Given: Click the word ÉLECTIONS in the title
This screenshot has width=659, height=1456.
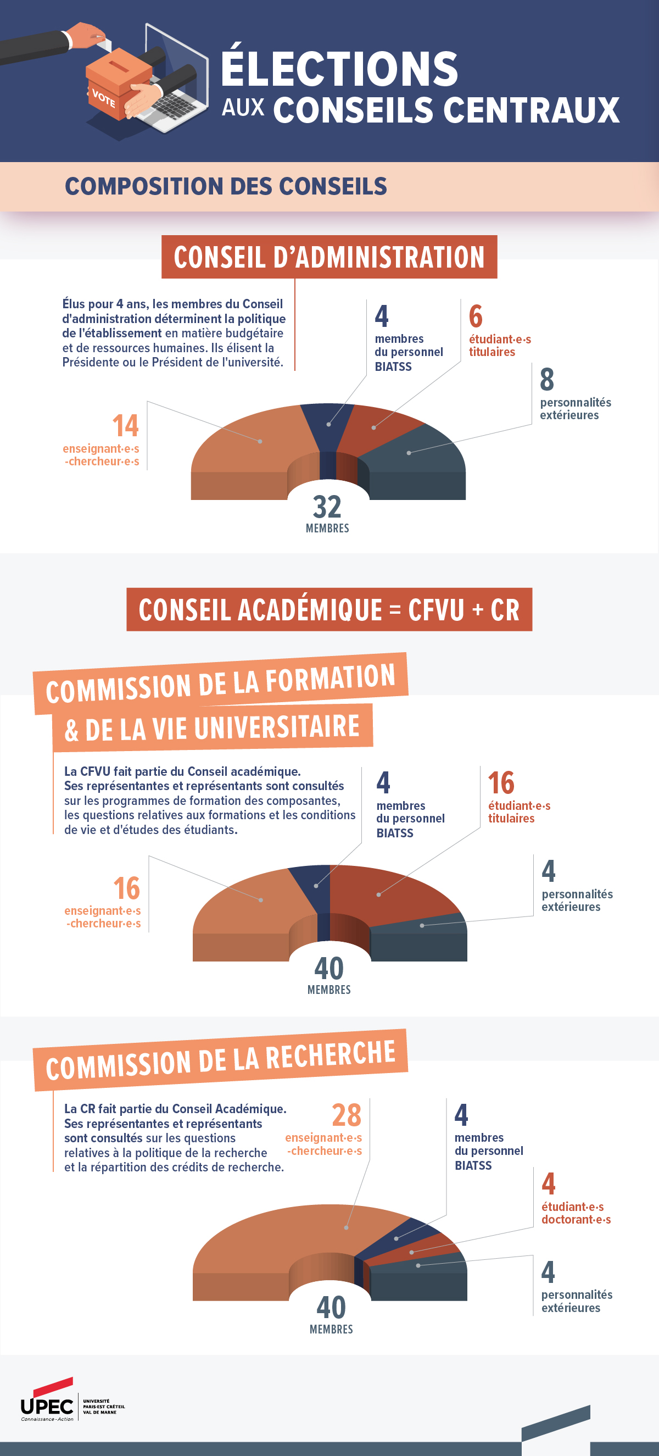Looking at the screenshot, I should click(339, 69).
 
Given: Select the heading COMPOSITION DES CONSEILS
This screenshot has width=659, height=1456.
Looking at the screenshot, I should click(226, 186).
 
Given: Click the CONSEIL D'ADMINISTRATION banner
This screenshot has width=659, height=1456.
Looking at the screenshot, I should click(329, 257).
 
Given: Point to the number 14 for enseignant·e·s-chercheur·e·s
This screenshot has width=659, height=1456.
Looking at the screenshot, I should click(125, 426).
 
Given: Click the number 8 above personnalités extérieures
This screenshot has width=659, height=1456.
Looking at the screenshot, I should click(546, 379).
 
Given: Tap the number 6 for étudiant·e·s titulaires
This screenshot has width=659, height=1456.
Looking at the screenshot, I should click(476, 316).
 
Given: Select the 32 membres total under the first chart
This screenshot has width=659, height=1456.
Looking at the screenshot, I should click(327, 508).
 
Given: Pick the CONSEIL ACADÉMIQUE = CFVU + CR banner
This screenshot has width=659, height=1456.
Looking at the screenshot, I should click(329, 610).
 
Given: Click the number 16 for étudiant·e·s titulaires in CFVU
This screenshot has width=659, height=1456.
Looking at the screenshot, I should click(501, 783).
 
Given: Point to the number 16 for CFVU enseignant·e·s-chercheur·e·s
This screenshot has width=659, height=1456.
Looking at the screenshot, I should click(127, 888).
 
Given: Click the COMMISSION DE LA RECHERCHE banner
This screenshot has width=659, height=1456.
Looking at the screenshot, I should click(220, 1060).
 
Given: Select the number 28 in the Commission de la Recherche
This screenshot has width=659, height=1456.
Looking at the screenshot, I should click(346, 1115).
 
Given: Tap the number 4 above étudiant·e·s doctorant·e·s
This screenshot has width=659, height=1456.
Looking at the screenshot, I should click(548, 1184).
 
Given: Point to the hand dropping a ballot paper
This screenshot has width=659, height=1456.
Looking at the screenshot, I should click(88, 35).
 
